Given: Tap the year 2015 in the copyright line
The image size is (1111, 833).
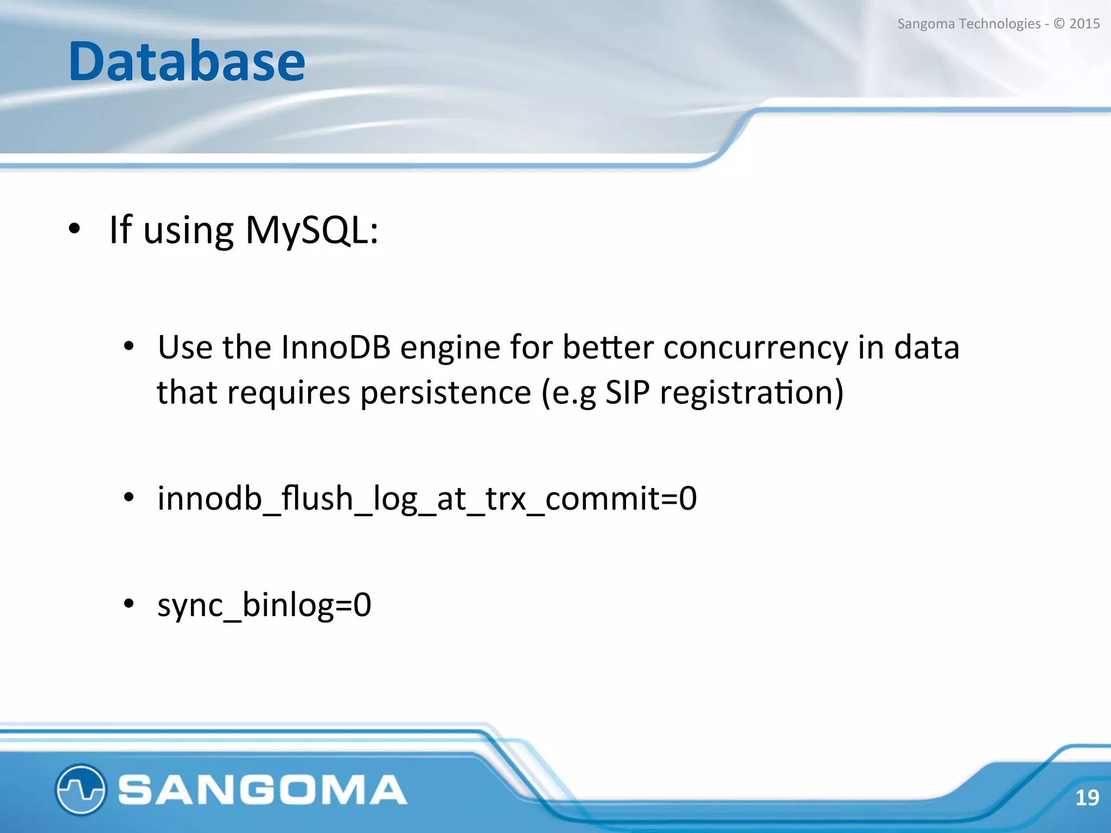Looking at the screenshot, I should pyautogui.click(x=1084, y=24).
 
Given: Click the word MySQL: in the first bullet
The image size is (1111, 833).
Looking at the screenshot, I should pyautogui.click(x=311, y=230).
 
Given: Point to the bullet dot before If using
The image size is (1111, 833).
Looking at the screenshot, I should pyautogui.click(x=74, y=229).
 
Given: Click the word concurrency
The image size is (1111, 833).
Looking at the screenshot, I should pyautogui.click(x=756, y=348).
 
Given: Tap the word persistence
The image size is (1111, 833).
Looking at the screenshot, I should pyautogui.click(x=446, y=393).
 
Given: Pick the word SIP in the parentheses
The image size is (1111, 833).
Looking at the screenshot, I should pyautogui.click(x=627, y=392).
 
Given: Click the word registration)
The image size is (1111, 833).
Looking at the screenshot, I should pyautogui.click(x=752, y=393).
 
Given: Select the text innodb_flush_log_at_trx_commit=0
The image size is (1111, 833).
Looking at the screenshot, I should pyautogui.click(x=427, y=498).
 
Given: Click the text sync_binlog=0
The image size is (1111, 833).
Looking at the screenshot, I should pyautogui.click(x=264, y=605).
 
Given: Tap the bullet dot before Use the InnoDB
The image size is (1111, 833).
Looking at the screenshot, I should pyautogui.click(x=129, y=346).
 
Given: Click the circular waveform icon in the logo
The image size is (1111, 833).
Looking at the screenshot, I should pyautogui.click(x=80, y=790).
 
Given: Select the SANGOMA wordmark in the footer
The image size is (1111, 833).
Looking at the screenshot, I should pyautogui.click(x=262, y=790).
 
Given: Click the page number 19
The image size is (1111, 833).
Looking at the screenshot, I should pyautogui.click(x=1087, y=798).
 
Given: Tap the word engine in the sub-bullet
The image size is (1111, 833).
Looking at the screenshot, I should pyautogui.click(x=450, y=348).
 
